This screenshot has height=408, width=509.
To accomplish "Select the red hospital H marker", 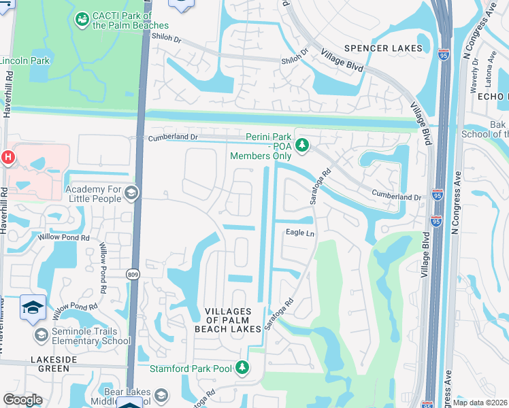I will (7, 158).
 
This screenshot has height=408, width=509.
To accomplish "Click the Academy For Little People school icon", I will (131, 194).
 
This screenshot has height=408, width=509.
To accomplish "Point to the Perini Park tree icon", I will (303, 145).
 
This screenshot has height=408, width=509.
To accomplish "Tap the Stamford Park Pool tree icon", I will (242, 368).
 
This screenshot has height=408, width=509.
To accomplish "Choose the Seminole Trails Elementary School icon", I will (41, 335).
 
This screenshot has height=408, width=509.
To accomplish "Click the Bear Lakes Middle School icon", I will (161, 396).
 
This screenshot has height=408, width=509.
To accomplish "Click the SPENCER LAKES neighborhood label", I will (384, 48).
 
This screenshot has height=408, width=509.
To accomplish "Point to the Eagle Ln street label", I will (299, 233).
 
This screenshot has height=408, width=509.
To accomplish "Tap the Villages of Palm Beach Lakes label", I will (233, 320).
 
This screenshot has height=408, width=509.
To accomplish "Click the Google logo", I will (22, 400).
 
